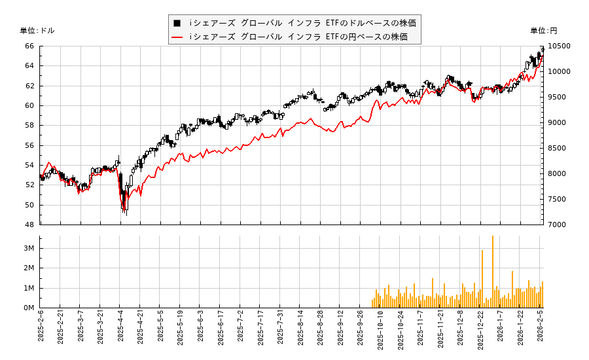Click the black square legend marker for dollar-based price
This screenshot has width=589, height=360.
177,23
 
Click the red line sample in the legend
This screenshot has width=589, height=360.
177,37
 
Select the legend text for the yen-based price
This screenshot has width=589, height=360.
298,37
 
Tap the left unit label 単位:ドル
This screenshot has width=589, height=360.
37,31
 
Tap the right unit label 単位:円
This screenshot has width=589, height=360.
544,31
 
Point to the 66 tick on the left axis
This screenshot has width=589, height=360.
29,46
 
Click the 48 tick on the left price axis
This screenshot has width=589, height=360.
29,225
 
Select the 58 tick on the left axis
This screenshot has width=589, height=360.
29,125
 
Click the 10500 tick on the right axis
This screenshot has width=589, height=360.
560,46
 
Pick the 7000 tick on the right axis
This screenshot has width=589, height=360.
558,225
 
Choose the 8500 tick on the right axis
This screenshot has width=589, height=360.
558,148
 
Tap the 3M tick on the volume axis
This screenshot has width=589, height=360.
29,248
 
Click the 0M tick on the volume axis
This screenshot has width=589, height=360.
29,308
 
